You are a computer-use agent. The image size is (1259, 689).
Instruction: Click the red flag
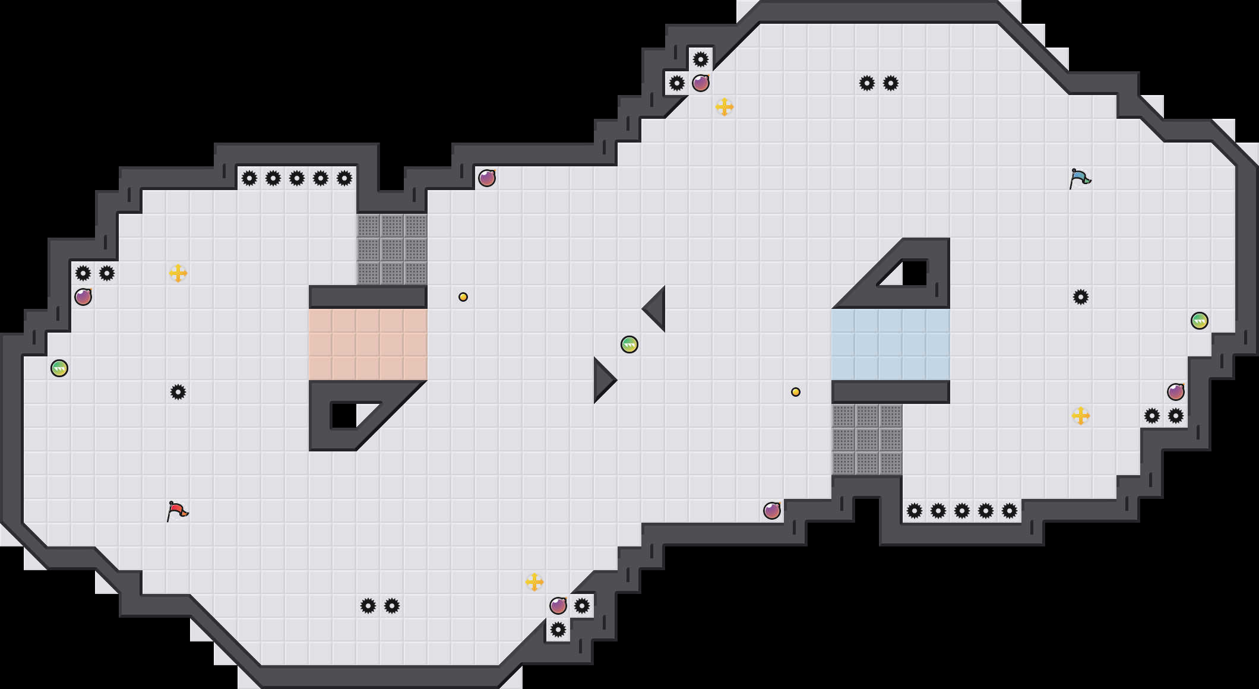click(x=177, y=511)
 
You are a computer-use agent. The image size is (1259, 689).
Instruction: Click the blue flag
click(x=1080, y=178)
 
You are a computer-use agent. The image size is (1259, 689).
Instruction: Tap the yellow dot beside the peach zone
click(x=463, y=297)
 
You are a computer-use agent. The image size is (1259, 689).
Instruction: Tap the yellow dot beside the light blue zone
click(x=796, y=392)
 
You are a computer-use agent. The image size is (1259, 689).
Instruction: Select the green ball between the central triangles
click(x=629, y=344)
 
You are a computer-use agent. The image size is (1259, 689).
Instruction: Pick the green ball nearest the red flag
click(x=59, y=368)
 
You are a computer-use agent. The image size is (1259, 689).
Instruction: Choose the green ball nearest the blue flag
click(x=1200, y=321)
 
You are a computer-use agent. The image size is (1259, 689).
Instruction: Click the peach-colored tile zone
click(x=368, y=344)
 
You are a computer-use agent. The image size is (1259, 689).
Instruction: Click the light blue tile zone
click(x=891, y=344)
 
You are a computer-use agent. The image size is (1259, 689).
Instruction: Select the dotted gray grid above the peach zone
click(x=392, y=249)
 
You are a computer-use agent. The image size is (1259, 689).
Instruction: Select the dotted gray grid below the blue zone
click(x=867, y=440)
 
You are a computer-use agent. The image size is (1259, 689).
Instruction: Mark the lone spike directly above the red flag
click(x=178, y=392)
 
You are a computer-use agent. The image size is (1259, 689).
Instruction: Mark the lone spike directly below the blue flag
click(x=1081, y=297)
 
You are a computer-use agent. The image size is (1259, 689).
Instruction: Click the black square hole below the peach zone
click(x=343, y=416)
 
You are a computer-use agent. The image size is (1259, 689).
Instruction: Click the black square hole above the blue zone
click(x=915, y=273)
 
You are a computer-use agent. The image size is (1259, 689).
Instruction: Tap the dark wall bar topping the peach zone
click(x=368, y=296)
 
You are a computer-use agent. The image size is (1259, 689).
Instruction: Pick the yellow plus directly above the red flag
click(x=178, y=273)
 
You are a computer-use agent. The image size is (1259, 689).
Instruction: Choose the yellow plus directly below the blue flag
click(x=1081, y=416)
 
